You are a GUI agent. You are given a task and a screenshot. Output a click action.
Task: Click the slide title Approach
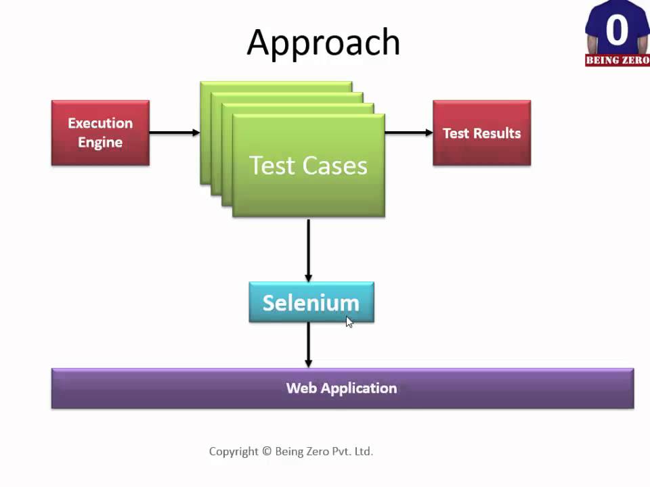(x=324, y=43)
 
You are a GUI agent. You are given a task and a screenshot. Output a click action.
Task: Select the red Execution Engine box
(x=100, y=133)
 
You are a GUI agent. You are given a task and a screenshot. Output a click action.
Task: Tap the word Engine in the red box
(x=100, y=143)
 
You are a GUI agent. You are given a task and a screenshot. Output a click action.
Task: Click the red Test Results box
(x=481, y=133)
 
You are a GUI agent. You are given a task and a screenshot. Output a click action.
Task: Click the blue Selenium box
(x=311, y=302)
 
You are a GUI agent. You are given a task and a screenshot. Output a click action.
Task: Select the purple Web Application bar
(x=342, y=388)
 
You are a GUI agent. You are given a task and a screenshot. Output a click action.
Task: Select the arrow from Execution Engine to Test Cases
(x=174, y=133)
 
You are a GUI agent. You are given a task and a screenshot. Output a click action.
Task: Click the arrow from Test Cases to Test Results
(x=408, y=133)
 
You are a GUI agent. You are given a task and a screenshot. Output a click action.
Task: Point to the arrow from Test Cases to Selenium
(x=309, y=249)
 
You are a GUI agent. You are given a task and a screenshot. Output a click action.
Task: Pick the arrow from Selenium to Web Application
(x=309, y=345)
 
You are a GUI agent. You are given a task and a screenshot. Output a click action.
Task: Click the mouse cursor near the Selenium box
(x=349, y=322)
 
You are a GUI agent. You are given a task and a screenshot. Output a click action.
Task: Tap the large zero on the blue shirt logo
(x=616, y=30)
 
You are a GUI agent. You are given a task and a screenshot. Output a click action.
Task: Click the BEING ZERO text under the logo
(x=617, y=60)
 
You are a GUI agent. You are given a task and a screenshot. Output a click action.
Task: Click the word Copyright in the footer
(x=234, y=451)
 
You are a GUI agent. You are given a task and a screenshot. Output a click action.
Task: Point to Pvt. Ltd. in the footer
(x=354, y=451)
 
